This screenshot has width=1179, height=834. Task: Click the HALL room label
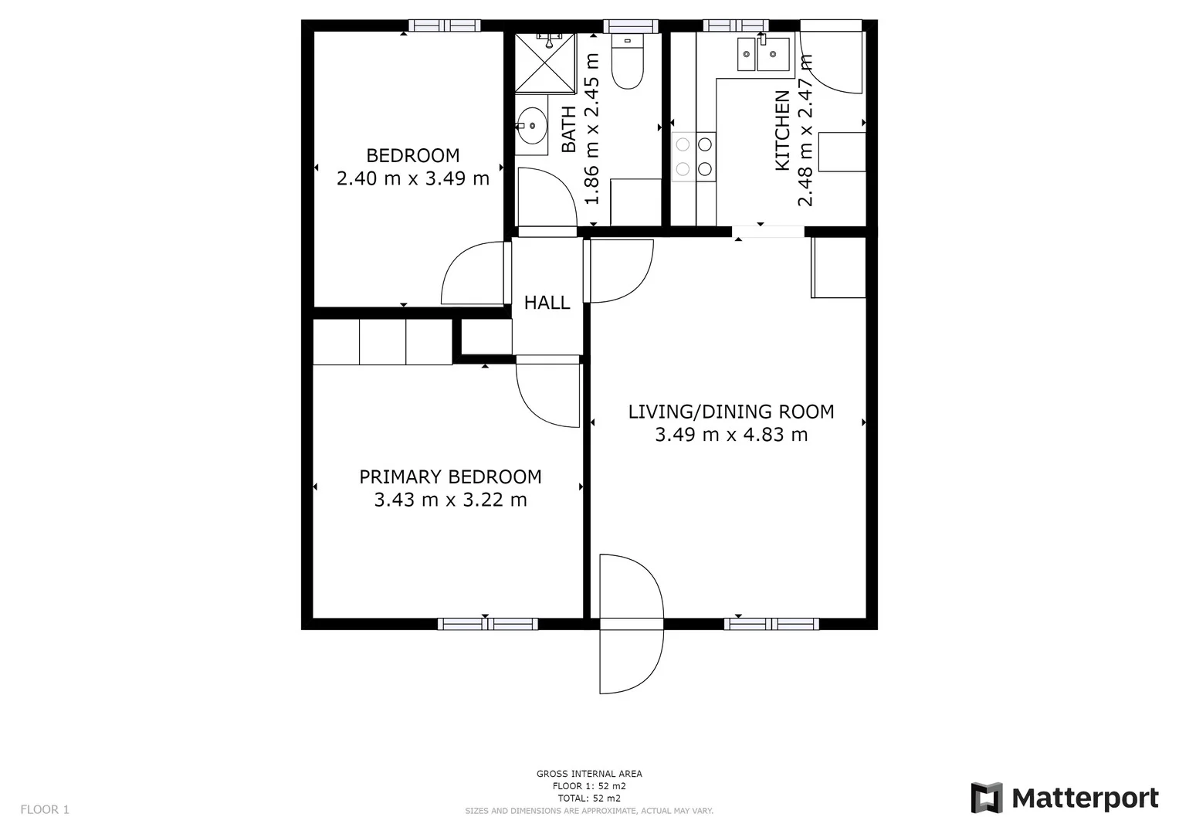click(x=547, y=303)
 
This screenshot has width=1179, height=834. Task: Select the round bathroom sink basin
click(x=531, y=125)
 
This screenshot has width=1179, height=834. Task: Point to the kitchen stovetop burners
click(x=693, y=156)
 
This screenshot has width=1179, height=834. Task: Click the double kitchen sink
click(x=763, y=54)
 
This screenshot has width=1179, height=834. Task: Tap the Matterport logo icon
click(x=986, y=798)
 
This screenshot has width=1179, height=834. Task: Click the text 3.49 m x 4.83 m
click(x=730, y=435)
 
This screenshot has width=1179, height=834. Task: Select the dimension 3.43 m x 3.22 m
click(x=450, y=500)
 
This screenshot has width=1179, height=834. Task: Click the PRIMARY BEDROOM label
click(x=450, y=476)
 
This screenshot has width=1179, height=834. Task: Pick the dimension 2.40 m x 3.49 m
click(x=413, y=178)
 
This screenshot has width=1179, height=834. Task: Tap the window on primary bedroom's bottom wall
click(x=487, y=624)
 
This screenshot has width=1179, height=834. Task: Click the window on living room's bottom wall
click(x=771, y=624)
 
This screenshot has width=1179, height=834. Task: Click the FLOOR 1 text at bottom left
click(x=45, y=809)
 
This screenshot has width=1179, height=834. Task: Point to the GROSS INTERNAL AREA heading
click(x=589, y=774)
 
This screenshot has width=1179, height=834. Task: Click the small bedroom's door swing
click(x=473, y=273)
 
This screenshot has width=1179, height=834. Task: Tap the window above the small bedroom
click(x=444, y=25)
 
